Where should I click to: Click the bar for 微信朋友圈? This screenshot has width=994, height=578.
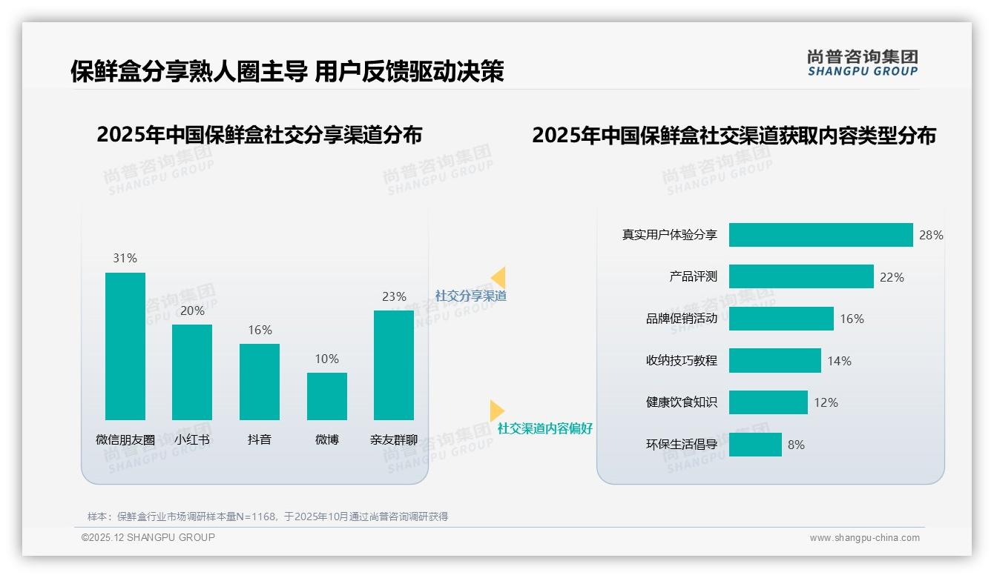[x=125, y=346]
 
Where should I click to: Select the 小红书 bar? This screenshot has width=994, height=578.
[x=192, y=372]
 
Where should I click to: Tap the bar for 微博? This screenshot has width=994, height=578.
[x=327, y=396]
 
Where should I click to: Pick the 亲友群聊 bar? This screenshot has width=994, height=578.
[x=394, y=365]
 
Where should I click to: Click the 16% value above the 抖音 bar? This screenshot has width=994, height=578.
[x=260, y=330]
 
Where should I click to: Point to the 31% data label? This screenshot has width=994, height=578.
[x=125, y=258]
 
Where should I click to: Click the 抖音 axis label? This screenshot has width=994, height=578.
[x=260, y=439]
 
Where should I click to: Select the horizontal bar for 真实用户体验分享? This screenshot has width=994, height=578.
[x=820, y=235]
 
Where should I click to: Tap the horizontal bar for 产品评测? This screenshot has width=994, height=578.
[x=801, y=276]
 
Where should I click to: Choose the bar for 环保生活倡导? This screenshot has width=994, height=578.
[x=755, y=445]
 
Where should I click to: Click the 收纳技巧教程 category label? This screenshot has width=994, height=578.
[x=681, y=361]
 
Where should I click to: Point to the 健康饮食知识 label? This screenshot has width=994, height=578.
[x=681, y=402]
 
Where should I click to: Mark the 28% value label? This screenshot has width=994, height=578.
[x=931, y=235]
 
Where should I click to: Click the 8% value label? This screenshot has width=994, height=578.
[x=796, y=445]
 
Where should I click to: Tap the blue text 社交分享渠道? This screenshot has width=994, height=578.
[x=470, y=296]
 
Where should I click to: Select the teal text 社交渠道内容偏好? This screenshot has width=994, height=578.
[x=544, y=428]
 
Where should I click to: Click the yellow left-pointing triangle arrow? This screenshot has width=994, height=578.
[x=498, y=277]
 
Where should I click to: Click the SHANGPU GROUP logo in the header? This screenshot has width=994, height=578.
[x=862, y=62]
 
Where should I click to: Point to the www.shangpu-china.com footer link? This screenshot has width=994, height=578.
[x=864, y=538]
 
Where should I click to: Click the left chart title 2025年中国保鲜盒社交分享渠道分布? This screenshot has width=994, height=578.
[x=259, y=135]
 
